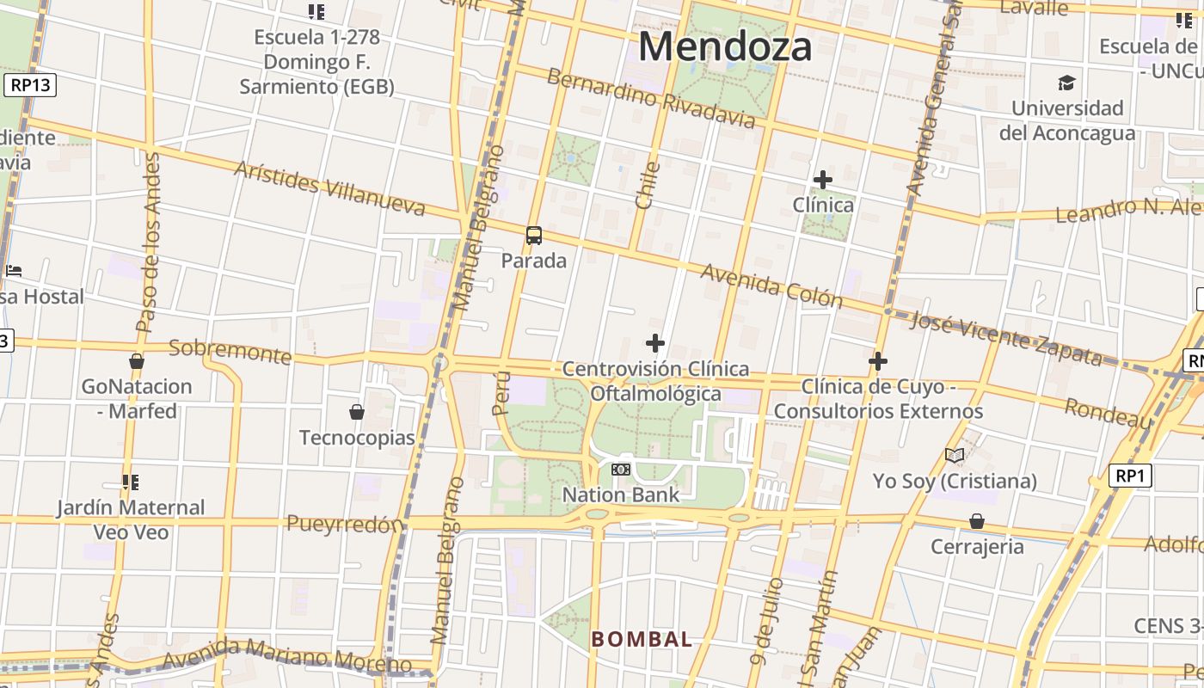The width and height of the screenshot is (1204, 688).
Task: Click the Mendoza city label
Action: point(725,46)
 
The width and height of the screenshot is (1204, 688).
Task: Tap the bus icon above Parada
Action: point(534,236)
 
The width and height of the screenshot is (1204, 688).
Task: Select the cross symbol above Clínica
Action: point(823,180)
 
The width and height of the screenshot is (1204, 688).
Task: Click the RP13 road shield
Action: point(30,85)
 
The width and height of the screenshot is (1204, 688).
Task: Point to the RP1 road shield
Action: point(1130,476)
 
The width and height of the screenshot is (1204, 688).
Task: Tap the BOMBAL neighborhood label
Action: point(642,639)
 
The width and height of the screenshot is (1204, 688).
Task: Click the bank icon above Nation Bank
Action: point(621,470)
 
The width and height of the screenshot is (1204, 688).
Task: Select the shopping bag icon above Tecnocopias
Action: point(357,413)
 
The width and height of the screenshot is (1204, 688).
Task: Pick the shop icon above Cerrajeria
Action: point(977,521)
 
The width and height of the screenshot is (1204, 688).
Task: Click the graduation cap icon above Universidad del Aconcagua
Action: point(1066,83)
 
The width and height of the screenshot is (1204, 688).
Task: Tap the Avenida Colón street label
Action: point(771,286)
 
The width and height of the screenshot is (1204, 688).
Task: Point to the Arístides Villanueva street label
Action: point(330,188)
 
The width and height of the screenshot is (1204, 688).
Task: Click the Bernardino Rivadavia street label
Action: point(652,96)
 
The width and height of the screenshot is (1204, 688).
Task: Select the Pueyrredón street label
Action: point(345,524)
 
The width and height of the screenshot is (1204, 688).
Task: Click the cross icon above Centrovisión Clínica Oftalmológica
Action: point(655,344)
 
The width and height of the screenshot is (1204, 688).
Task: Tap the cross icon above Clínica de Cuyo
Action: point(878,361)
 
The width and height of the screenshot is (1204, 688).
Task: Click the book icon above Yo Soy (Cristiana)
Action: point(955,455)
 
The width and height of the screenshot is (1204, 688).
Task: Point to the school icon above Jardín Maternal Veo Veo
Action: point(131,482)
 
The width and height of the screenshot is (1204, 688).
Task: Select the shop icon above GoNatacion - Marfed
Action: point(137,361)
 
